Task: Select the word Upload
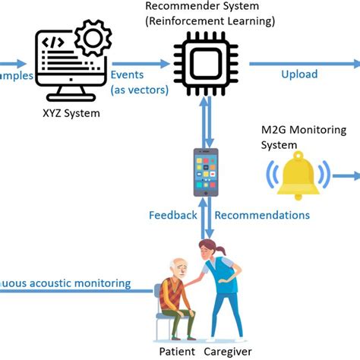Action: coord(299,74)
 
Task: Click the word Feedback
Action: coord(172,215)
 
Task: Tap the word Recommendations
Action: coord(262,215)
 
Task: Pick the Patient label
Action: coord(177,351)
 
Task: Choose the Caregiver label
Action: coord(229,351)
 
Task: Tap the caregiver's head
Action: coord(208,248)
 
